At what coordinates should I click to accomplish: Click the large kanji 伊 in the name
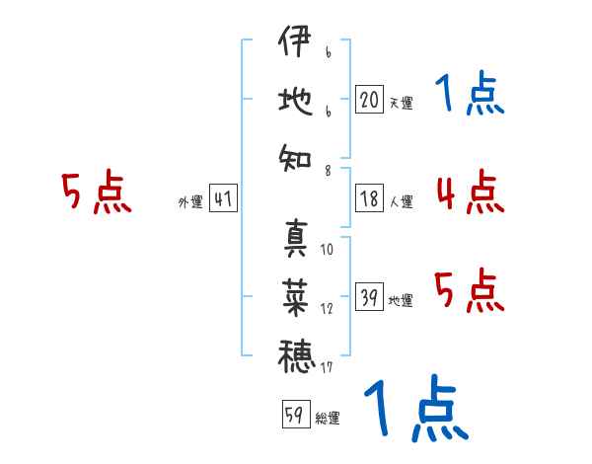click(x=295, y=40)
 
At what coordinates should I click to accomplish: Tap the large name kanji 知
click(x=295, y=159)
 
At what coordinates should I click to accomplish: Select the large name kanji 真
click(x=295, y=237)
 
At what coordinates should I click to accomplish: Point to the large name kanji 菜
click(x=295, y=297)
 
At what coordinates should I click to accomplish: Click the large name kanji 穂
click(x=296, y=356)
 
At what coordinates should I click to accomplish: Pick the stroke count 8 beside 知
click(x=328, y=171)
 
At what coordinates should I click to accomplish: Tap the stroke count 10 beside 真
click(x=327, y=249)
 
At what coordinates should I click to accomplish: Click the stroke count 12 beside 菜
click(x=327, y=309)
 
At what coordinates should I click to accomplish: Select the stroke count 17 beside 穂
click(x=327, y=367)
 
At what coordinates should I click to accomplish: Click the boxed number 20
click(x=369, y=100)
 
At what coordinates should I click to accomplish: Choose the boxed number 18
click(x=369, y=198)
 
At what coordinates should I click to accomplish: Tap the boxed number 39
click(x=369, y=296)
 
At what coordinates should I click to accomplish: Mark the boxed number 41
click(x=223, y=198)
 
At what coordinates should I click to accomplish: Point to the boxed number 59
click(x=296, y=414)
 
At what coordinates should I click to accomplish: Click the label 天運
click(x=401, y=103)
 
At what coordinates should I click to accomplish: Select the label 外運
click(x=190, y=201)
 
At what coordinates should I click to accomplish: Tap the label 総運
click(x=328, y=418)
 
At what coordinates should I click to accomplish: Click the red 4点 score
click(x=471, y=192)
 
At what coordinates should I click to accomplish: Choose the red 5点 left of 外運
click(x=97, y=192)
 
